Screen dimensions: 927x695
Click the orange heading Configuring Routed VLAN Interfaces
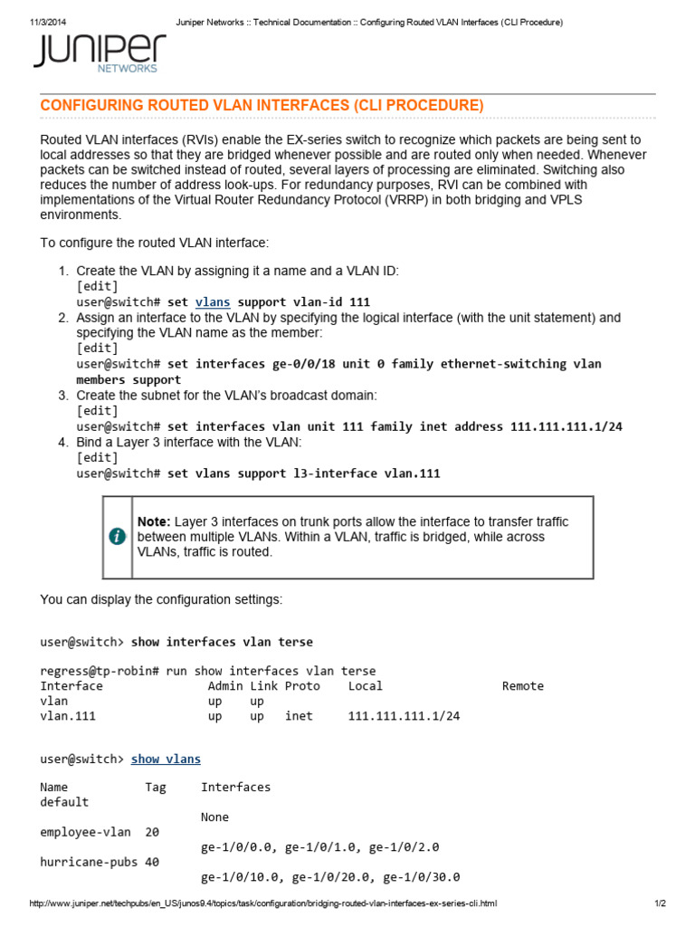262,106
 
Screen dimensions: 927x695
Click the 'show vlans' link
166,759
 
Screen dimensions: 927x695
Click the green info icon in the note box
117,536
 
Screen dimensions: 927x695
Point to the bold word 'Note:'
154,522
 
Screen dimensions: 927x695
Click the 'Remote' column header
523,686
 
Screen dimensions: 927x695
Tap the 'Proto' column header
302,686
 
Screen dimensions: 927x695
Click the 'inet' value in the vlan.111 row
299,716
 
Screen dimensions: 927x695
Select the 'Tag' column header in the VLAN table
156,788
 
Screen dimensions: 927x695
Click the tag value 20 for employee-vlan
152,832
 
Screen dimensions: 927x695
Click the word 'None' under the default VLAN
215,817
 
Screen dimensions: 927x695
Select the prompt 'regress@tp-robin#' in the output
100,671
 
